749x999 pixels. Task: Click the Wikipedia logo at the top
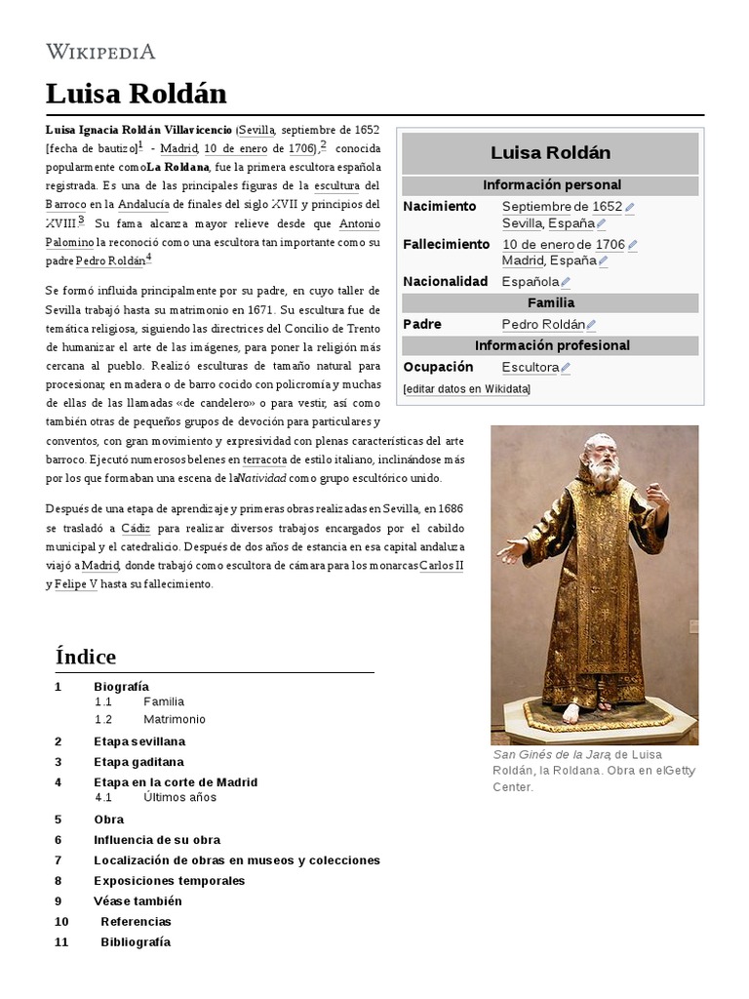pyautogui.click(x=100, y=51)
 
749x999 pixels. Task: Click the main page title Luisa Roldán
pyautogui.click(x=136, y=94)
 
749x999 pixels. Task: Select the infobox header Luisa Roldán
pyautogui.click(x=550, y=153)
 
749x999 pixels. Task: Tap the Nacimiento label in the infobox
pyautogui.click(x=439, y=207)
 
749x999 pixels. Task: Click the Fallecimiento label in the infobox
pyautogui.click(x=446, y=244)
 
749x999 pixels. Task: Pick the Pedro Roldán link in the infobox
pyautogui.click(x=543, y=325)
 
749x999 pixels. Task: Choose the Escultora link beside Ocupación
pyautogui.click(x=530, y=368)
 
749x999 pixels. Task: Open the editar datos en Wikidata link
pyautogui.click(x=466, y=389)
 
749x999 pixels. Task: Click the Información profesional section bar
pyautogui.click(x=551, y=346)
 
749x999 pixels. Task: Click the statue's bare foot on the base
pyautogui.click(x=572, y=713)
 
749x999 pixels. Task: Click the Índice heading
pyautogui.click(x=86, y=657)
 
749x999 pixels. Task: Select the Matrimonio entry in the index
pyautogui.click(x=175, y=719)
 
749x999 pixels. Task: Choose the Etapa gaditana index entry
pyautogui.click(x=138, y=762)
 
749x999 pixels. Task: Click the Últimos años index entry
pyautogui.click(x=179, y=797)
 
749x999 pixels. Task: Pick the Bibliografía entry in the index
pyautogui.click(x=136, y=941)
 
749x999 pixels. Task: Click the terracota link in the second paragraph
pyautogui.click(x=264, y=459)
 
